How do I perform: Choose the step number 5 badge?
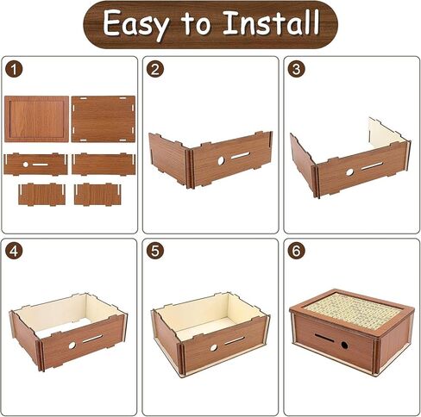(156, 252)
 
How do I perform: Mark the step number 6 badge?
(297, 252)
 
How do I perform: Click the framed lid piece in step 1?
(36, 118)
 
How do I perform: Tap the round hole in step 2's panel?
(221, 160)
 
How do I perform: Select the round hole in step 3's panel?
(349, 171)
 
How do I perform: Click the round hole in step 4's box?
(72, 345)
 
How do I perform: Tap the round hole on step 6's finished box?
(343, 344)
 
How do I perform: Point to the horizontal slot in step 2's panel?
(242, 155)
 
